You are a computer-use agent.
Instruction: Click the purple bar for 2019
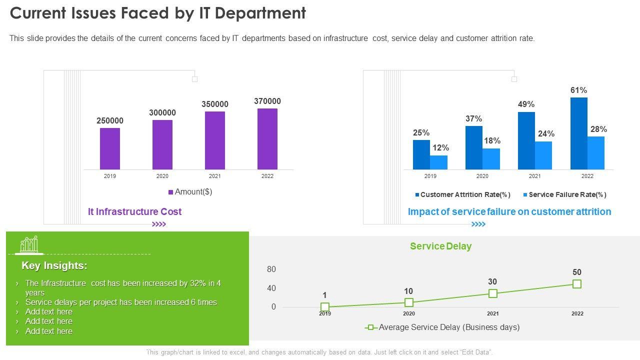click(x=110, y=148)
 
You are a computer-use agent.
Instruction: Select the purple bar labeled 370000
click(x=267, y=139)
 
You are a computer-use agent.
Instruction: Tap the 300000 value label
click(x=162, y=113)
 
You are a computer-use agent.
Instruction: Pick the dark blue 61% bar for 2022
click(x=578, y=133)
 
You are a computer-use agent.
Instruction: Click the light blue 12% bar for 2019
click(x=438, y=162)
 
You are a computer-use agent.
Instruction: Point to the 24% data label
click(x=546, y=134)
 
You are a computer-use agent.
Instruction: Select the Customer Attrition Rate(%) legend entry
click(x=462, y=195)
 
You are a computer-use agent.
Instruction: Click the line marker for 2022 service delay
click(x=577, y=284)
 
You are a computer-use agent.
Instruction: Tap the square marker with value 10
click(x=409, y=302)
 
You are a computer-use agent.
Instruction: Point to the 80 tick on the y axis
click(x=271, y=269)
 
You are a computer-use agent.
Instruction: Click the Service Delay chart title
click(x=440, y=246)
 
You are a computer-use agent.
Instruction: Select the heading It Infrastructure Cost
click(x=134, y=211)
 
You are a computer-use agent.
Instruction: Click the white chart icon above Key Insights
click(x=29, y=244)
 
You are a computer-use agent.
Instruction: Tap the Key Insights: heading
click(x=54, y=265)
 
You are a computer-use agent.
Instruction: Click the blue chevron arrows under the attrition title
click(x=478, y=224)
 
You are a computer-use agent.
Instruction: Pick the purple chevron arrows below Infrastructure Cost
click(x=159, y=224)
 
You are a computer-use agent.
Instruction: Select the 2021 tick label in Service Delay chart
click(x=493, y=314)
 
